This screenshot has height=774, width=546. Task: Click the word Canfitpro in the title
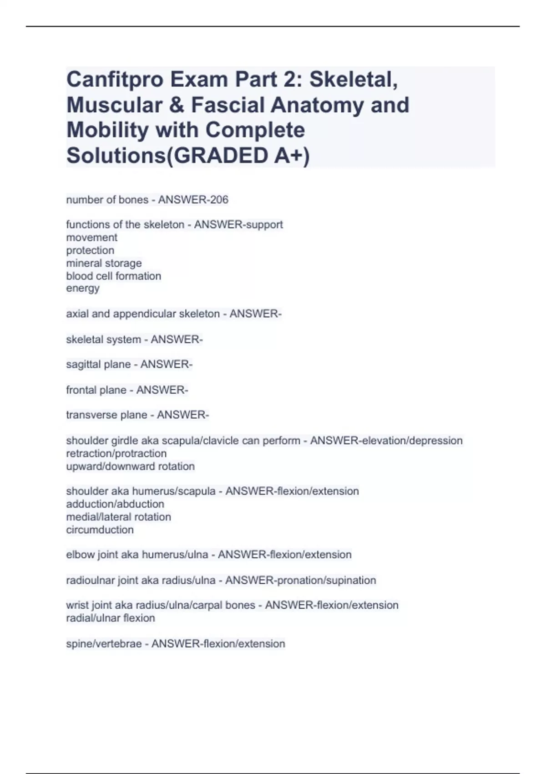pos(115,80)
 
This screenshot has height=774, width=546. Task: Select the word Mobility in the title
pos(107,130)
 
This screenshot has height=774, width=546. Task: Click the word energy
pos(83,288)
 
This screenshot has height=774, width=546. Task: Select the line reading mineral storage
pos(104,263)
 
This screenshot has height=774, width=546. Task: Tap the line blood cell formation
pos(113,276)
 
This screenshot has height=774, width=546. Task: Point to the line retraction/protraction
pos(116,453)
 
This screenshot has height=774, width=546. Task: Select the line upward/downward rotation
pos(130,466)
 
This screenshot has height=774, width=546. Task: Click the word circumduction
pos(100,530)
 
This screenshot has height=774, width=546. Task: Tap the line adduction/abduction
pos(115,504)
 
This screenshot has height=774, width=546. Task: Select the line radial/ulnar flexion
pos(111,618)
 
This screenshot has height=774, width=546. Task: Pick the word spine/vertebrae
pos(104,644)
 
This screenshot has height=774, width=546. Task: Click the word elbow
pos(80,555)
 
